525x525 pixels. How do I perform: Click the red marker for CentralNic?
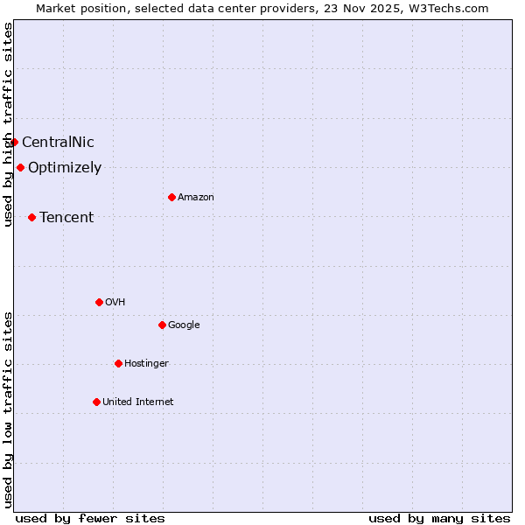[14, 142]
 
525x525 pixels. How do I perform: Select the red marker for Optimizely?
[20, 167]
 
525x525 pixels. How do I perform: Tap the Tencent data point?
[31, 217]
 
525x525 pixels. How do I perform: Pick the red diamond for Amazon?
[171, 197]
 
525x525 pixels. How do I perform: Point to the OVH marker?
[99, 302]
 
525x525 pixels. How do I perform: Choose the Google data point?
[162, 325]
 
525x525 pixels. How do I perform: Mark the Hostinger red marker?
[118, 363]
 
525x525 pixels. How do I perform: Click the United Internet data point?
[96, 402]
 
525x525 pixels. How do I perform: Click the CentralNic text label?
[58, 143]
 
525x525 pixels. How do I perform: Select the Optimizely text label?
[65, 168]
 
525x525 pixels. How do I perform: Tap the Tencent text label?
[66, 218]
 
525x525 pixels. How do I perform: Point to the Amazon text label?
[196, 198]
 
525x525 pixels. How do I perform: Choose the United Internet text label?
[138, 402]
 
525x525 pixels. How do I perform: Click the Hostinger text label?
[146, 364]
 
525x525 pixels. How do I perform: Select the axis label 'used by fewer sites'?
[90, 518]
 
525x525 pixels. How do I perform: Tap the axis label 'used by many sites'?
[439, 518]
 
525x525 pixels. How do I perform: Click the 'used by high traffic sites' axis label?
[8, 124]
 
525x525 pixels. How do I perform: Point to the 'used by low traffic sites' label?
[8, 409]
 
